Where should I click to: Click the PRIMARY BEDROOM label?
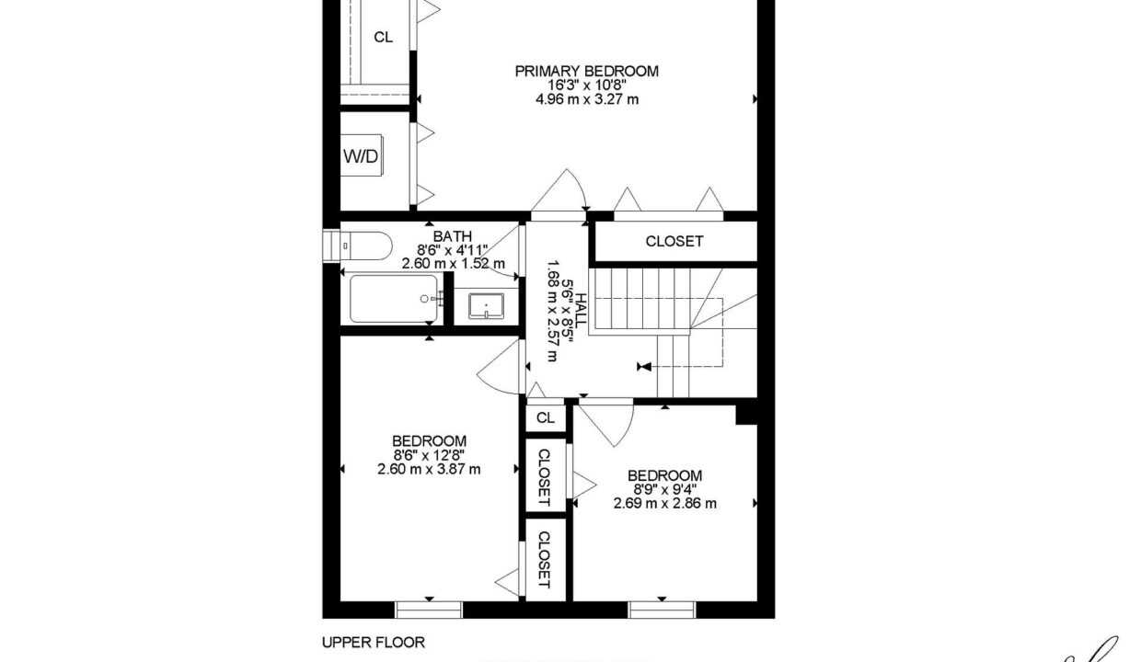coord(586,71)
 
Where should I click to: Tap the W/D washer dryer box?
coord(361,155)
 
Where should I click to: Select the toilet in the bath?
coord(358,246)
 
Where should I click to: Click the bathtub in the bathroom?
coord(394,299)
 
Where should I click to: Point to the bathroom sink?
coord(486,305)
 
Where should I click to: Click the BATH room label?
coord(453,236)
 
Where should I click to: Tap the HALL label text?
coord(581,311)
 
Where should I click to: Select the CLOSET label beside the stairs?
coord(674,241)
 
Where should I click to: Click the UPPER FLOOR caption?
coord(374,643)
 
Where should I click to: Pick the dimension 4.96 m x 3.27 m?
coord(587,99)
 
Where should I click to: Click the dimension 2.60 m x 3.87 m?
coord(429,469)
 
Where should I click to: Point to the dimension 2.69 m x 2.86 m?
coord(664,504)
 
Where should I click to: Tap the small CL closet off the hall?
coord(546,417)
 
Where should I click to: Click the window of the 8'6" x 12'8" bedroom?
coord(429,611)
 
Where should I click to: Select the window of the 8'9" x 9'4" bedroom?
coord(662,611)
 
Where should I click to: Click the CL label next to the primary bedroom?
coord(383,37)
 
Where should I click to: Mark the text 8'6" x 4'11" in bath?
coord(453,250)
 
